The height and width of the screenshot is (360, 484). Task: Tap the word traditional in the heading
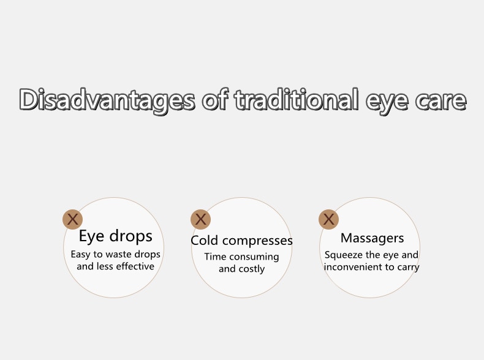click(297, 99)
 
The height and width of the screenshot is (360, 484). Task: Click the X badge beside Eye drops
click(72, 219)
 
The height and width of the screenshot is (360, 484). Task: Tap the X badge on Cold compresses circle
click(200, 219)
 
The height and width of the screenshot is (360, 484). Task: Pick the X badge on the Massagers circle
click(329, 219)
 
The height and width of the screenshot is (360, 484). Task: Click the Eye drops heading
click(115, 236)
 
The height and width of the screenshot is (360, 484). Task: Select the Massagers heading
click(372, 238)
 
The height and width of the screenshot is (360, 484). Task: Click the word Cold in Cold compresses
click(205, 241)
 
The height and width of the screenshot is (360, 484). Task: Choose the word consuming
click(254, 257)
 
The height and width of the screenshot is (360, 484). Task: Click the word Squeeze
click(344, 255)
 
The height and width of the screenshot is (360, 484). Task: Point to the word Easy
click(80, 255)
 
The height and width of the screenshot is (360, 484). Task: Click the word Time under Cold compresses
click(216, 257)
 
